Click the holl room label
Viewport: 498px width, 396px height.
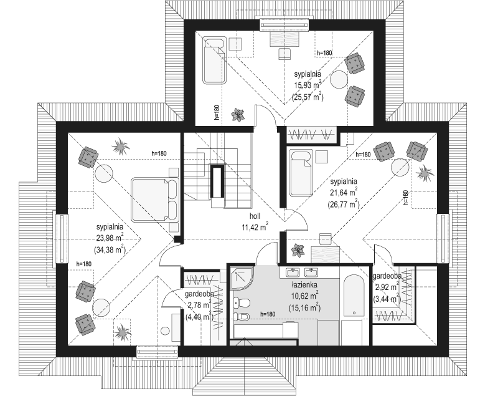click(x=255, y=216)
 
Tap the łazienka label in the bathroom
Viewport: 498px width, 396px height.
click(x=304, y=284)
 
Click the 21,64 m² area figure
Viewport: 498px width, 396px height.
click(x=344, y=193)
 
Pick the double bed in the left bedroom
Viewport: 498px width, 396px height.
click(x=155, y=199)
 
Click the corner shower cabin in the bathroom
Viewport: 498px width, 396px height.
click(x=242, y=278)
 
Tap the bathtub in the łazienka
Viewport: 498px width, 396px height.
click(x=354, y=296)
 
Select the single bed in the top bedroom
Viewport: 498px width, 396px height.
click(x=215, y=60)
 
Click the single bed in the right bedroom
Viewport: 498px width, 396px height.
click(x=301, y=173)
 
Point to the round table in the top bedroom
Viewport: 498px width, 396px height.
click(x=339, y=80)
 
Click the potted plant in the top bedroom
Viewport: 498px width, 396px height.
click(x=238, y=115)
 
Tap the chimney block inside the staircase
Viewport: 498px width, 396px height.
click(x=217, y=181)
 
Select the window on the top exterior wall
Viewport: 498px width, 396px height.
click(x=284, y=25)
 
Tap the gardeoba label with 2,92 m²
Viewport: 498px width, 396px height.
click(x=387, y=276)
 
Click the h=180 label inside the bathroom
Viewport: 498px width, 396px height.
click(x=268, y=314)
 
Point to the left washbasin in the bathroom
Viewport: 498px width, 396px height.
click(x=293, y=273)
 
